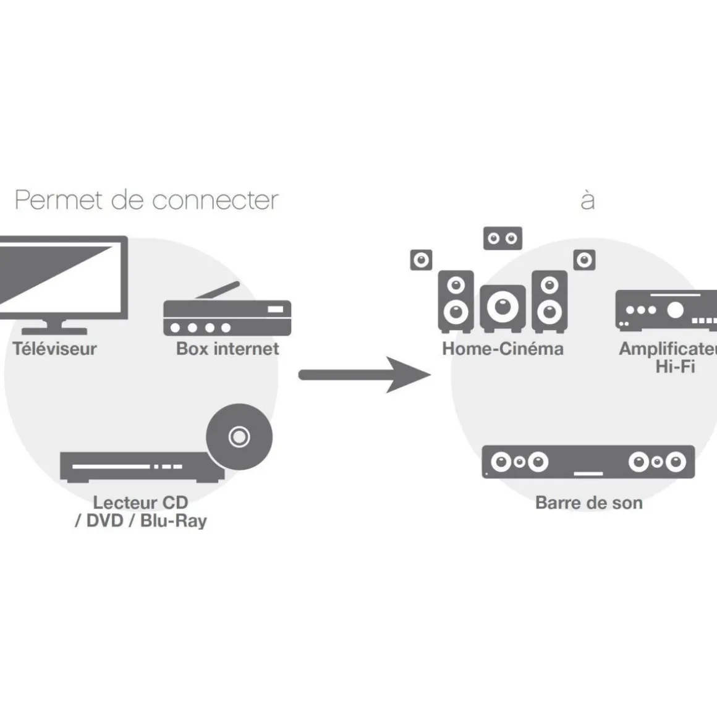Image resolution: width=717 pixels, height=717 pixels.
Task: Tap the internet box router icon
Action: pyautogui.click(x=227, y=318)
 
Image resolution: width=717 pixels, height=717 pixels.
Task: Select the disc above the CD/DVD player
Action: pyautogui.click(x=239, y=437)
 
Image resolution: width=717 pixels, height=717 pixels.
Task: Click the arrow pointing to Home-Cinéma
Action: pyautogui.click(x=365, y=375)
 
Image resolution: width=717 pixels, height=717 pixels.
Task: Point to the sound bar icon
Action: pyautogui.click(x=588, y=462)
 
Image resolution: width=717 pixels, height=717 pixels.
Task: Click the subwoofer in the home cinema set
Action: pyautogui.click(x=503, y=307)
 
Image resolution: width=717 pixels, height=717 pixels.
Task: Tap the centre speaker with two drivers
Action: pyautogui.click(x=503, y=239)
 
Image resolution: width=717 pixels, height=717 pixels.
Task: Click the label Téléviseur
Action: pyautogui.click(x=55, y=349)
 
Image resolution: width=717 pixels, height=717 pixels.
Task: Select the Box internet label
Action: pyautogui.click(x=227, y=349)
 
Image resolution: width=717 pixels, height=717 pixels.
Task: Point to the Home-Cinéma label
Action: pyautogui.click(x=503, y=349)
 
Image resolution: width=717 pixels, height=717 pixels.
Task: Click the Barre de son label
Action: pyautogui.click(x=588, y=503)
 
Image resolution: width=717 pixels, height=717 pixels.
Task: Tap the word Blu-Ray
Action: pyautogui.click(x=173, y=520)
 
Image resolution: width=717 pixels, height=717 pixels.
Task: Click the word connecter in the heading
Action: pyautogui.click(x=214, y=200)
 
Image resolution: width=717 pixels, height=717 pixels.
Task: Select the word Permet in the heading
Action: pyautogui.click(x=59, y=200)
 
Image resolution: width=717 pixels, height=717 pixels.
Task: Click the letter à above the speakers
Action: pyautogui.click(x=588, y=200)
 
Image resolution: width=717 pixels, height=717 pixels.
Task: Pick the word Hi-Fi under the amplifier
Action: pyautogui.click(x=675, y=367)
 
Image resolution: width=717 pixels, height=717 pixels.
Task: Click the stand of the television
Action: pyautogui.click(x=54, y=327)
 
